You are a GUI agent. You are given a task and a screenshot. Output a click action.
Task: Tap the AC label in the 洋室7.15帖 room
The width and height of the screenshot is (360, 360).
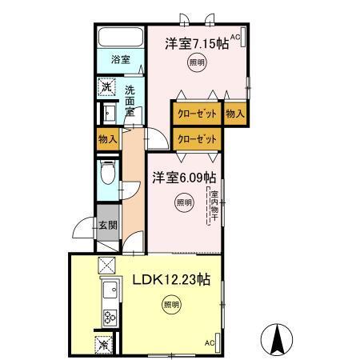point(237,37)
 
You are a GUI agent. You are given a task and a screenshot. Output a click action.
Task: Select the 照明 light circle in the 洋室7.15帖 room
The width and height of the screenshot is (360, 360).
point(195,62)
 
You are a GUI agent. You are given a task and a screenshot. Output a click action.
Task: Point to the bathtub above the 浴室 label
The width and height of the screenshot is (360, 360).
point(120,38)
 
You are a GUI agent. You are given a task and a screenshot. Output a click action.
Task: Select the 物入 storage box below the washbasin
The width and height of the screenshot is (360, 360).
point(108,138)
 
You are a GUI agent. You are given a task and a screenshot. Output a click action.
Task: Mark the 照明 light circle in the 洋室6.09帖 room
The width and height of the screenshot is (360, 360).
point(183,202)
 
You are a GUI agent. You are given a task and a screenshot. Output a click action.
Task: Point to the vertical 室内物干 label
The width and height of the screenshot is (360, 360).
point(214,204)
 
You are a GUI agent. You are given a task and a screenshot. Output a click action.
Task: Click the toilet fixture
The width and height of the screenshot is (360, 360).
point(106,173)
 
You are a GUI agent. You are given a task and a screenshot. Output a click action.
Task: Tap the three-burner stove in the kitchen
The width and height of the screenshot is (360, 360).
point(108,317)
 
